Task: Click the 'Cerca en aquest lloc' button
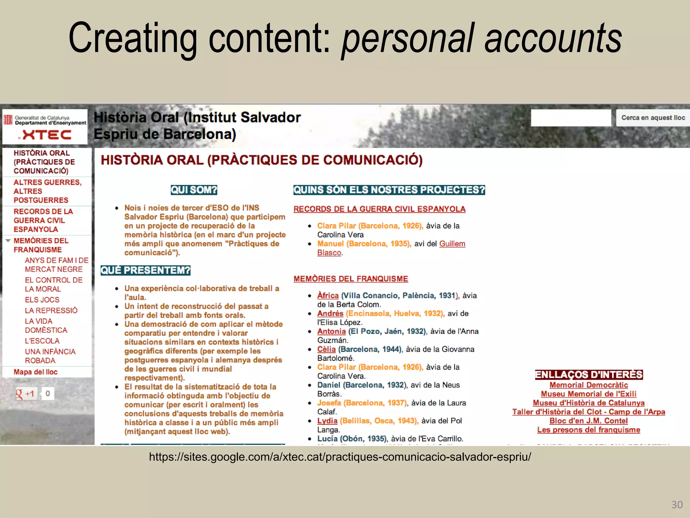653,118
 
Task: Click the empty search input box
571,118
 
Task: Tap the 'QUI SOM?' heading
194,190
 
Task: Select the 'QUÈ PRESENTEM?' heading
146,270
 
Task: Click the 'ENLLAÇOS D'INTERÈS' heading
589,375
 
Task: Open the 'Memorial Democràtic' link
589,385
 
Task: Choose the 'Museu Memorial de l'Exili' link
589,394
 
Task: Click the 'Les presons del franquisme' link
589,430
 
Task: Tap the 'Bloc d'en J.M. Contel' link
589,421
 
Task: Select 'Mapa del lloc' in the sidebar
35,372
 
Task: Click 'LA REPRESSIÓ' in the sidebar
51,311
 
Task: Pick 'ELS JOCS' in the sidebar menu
42,300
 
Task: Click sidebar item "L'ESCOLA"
42,341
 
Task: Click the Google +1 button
26,394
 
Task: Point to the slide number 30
677,505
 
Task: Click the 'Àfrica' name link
328,296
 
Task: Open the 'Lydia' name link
327,421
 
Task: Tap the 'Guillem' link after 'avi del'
452,244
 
